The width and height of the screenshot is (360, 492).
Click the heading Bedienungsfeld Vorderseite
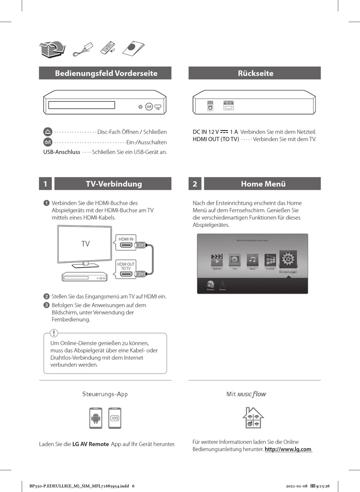tap(106, 73)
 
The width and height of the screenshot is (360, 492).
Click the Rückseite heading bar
tap(255, 73)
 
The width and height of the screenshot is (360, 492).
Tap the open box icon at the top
tap(52, 49)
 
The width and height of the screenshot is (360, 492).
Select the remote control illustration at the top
tap(108, 48)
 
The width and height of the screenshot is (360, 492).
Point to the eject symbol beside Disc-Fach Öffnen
tap(48, 132)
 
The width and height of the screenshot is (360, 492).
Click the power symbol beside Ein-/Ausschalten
tap(48, 142)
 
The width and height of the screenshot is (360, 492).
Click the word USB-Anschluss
tap(62, 152)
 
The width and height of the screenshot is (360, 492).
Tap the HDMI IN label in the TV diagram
tap(126, 239)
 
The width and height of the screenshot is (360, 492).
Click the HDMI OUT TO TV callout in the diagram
tap(126, 266)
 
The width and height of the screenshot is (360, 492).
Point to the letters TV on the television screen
tap(86, 244)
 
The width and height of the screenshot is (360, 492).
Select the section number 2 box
tap(195, 184)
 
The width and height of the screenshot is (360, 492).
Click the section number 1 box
tap(45, 184)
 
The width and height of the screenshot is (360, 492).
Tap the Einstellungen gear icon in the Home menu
tap(288, 259)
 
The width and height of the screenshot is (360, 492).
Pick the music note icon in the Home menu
tap(252, 260)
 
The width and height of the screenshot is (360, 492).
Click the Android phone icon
tap(96, 418)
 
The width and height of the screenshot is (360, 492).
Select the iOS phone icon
tap(115, 418)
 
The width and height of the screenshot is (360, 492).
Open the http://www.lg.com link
tap(288, 449)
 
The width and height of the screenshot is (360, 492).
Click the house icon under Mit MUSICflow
tap(253, 418)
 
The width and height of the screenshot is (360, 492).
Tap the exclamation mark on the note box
tap(54, 333)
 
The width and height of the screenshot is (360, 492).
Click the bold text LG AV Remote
tap(91, 444)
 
